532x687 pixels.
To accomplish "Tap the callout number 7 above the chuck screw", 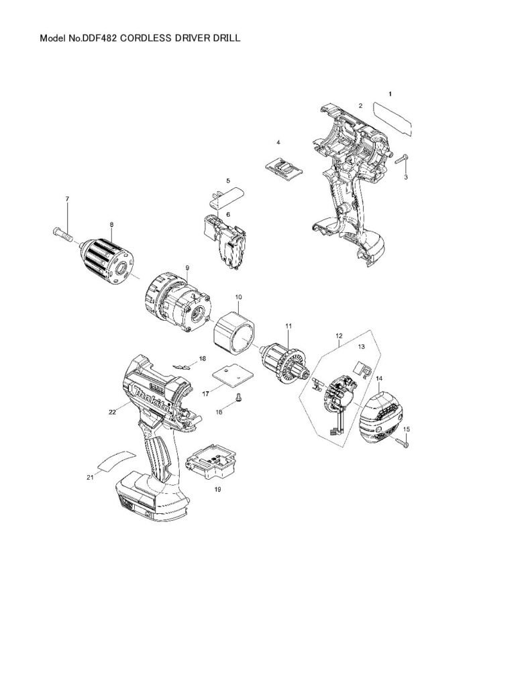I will pyautogui.click(x=67, y=199).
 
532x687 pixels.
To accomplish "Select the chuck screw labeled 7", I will pyautogui.click(x=62, y=233).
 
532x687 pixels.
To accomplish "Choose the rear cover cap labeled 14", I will pyautogui.click(x=379, y=417).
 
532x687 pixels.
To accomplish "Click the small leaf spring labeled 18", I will pyautogui.click(x=182, y=366).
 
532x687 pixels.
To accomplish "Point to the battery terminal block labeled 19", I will pyautogui.click(x=213, y=460).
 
